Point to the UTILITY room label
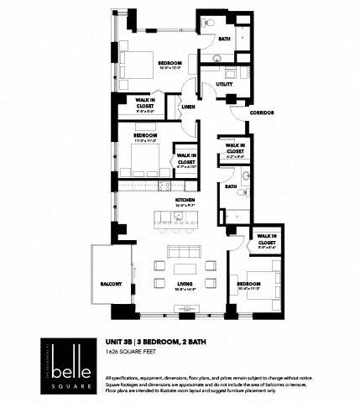(224, 85)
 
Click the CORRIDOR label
(262, 113)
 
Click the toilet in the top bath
(211, 21)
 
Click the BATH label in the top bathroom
(225, 39)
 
